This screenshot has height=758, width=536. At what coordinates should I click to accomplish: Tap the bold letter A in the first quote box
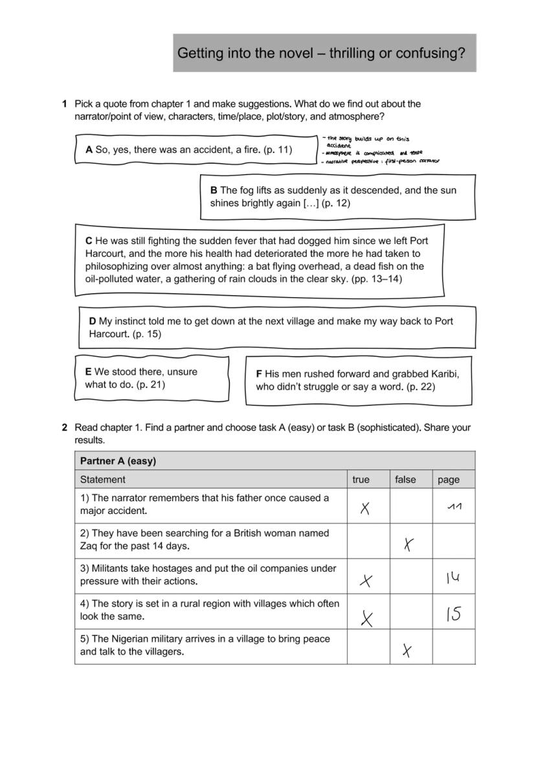pyautogui.click(x=89, y=150)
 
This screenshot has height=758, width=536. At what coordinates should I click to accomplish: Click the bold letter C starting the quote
pyautogui.click(x=89, y=241)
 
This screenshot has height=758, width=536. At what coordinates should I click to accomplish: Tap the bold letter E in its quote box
pyautogui.click(x=88, y=372)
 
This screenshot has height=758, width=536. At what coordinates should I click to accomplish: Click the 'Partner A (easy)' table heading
pyautogui.click(x=118, y=461)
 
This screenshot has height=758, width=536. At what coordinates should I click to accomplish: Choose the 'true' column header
pyautogui.click(x=361, y=480)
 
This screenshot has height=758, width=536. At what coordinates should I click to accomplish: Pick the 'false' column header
pyautogui.click(x=405, y=480)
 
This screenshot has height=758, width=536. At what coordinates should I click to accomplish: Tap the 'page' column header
pyautogui.click(x=448, y=480)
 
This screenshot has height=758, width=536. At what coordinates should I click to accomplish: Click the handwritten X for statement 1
pyautogui.click(x=365, y=509)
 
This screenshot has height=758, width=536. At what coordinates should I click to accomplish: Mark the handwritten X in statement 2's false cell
pyautogui.click(x=408, y=544)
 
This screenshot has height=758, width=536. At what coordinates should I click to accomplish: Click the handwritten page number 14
pyautogui.click(x=452, y=578)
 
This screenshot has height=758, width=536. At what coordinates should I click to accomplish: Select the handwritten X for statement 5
pyautogui.click(x=407, y=651)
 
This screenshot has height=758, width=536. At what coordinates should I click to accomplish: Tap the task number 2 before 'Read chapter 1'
pyautogui.click(x=65, y=427)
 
